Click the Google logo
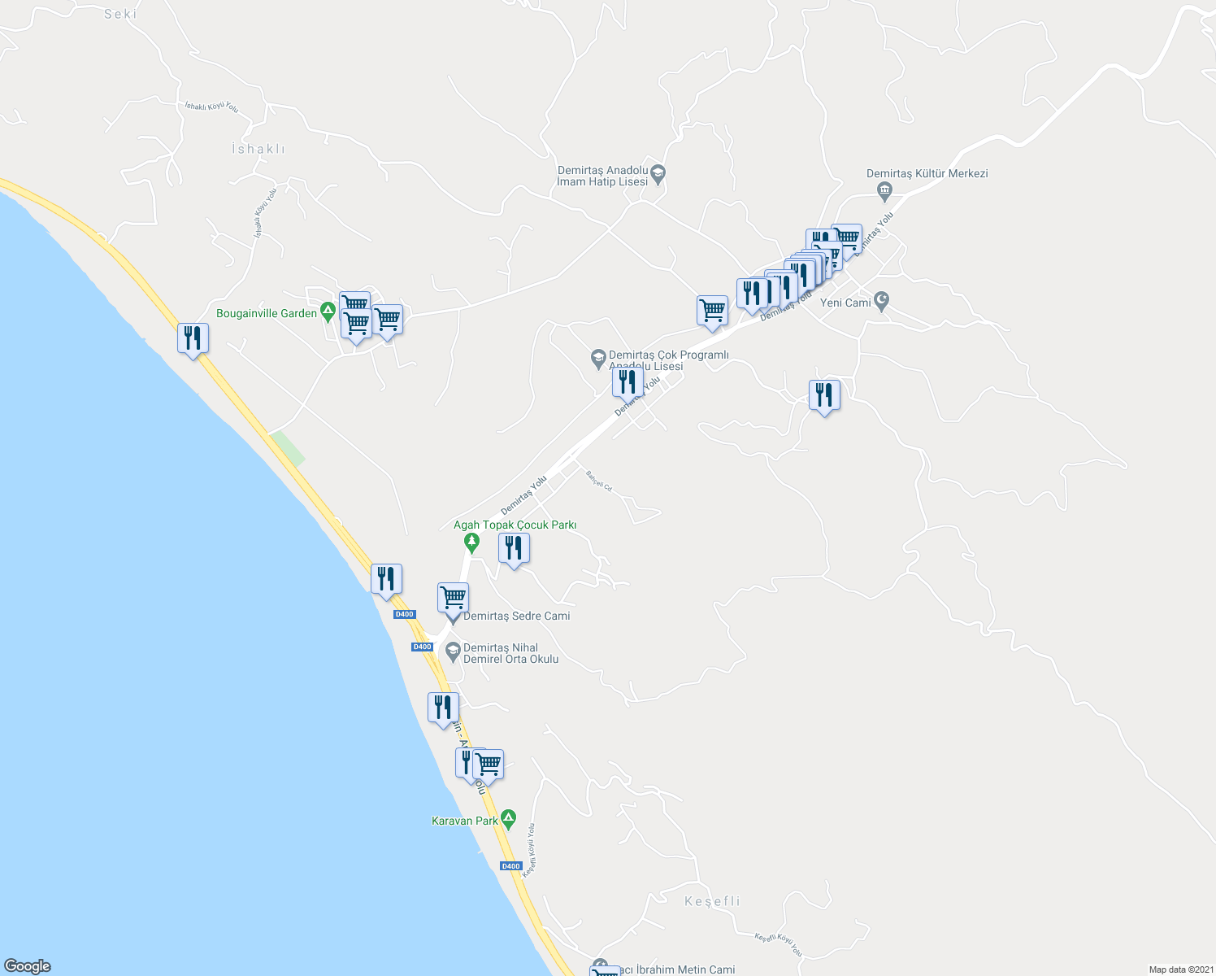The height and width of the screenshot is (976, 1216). coord(28,966)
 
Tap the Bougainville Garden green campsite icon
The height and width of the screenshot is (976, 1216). coord(328,311)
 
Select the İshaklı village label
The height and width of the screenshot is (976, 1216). coord(258,149)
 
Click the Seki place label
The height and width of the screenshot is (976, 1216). coord(121,14)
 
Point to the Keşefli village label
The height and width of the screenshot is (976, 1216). coord(713,901)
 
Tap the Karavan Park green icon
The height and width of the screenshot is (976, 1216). coord(508,817)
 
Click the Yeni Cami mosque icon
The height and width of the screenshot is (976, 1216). coord(882,302)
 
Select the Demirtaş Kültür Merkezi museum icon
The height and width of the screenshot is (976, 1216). coord(885,191)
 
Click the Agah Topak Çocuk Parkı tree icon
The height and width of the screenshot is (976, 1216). coord(471,542)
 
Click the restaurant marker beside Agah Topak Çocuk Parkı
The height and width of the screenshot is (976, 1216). coord(514,548)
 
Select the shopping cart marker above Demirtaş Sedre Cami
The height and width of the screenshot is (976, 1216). coord(453,597)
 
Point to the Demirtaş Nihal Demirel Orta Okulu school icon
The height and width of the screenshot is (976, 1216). coord(453,651)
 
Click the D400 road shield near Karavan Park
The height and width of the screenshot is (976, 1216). coord(510,866)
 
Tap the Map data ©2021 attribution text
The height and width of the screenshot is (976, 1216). coord(1181,969)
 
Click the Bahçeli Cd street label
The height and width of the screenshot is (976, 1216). coord(599,481)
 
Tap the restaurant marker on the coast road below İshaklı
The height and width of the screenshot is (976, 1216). coord(193,338)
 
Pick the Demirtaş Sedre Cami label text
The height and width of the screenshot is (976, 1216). coord(517,616)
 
